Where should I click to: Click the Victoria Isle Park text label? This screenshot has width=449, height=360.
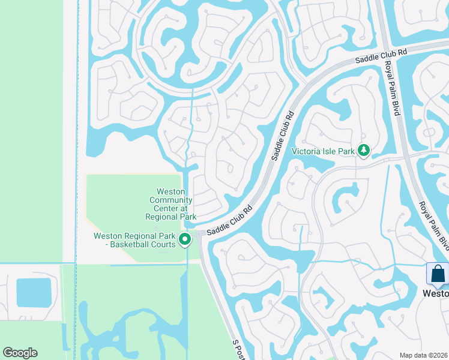click(323, 151)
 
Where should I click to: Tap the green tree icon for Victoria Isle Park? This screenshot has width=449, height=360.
click(363, 151)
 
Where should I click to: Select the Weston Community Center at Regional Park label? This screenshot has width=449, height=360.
click(171, 203)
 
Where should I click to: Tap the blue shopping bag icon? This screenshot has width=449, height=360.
click(438, 274)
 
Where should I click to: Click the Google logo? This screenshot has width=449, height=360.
click(20, 353)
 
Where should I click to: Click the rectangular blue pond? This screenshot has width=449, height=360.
click(34, 293)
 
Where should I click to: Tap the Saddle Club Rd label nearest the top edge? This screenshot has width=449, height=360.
click(381, 56)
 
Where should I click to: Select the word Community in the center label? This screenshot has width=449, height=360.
click(171, 200)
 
